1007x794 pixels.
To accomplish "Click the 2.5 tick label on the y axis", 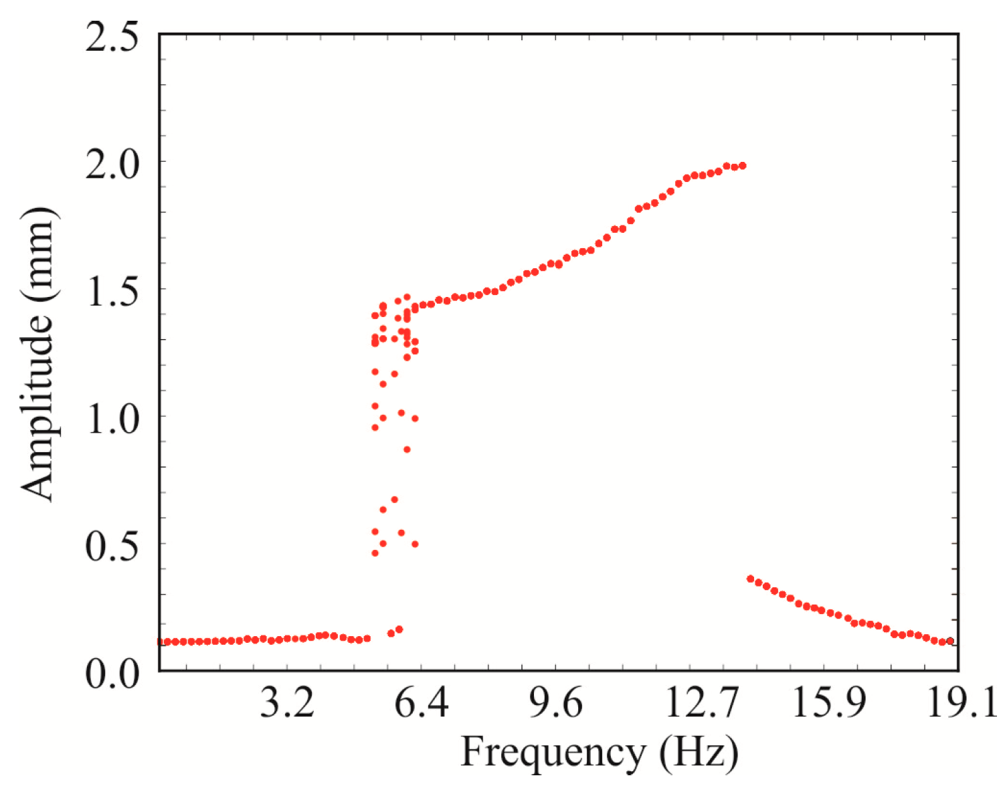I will click(x=112, y=37).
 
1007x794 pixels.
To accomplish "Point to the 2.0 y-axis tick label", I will click(x=112, y=164).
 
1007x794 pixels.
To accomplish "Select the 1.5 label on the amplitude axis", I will click(x=112, y=291).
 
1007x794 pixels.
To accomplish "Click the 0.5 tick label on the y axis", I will click(x=112, y=546).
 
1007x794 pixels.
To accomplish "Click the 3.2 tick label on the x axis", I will click(x=287, y=703).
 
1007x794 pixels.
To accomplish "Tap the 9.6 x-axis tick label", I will click(x=556, y=703).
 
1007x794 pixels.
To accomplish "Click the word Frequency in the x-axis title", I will click(x=552, y=753).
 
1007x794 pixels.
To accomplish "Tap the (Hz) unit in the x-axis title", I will click(x=699, y=753).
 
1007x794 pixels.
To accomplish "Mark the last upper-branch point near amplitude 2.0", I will click(x=742, y=165).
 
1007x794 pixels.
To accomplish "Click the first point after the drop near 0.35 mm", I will click(x=750, y=579).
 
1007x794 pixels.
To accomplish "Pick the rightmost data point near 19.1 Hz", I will click(x=950, y=641).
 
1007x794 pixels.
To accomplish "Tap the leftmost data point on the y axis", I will click(x=161, y=641).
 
